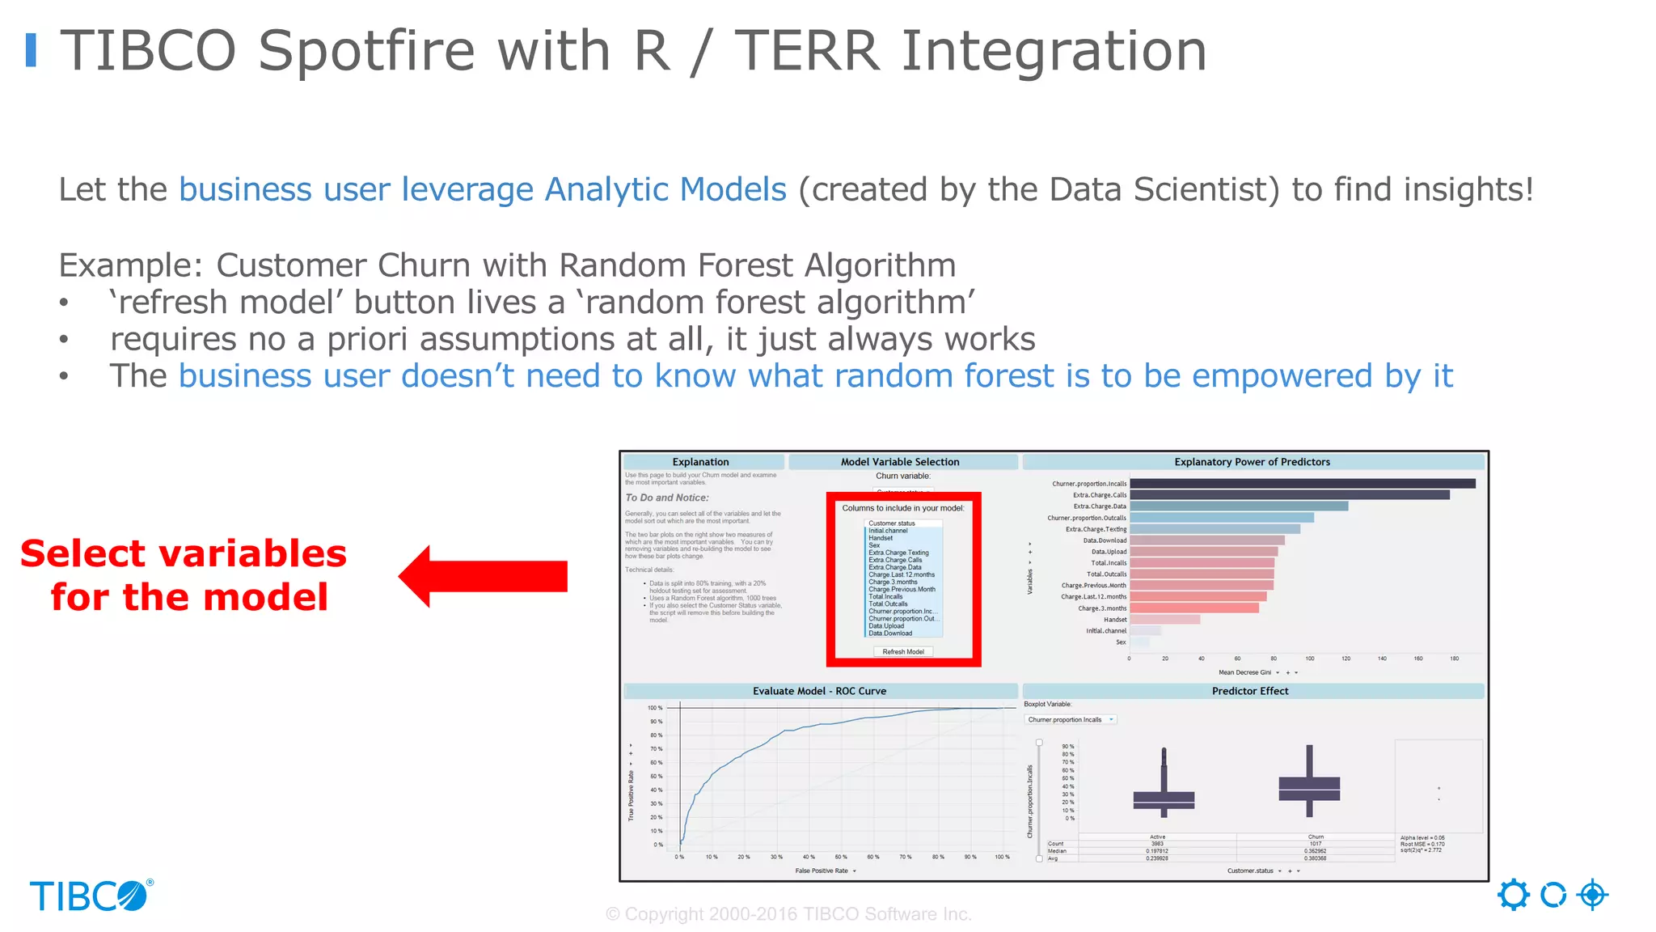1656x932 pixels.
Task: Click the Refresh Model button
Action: pos(902,651)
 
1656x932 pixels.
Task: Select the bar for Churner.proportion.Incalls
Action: pos(1302,484)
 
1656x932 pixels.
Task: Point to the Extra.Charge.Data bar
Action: pos(1238,506)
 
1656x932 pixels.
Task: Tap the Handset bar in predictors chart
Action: pos(1164,620)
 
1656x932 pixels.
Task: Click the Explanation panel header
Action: pos(700,462)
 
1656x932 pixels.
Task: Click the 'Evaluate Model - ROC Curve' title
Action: pos(819,691)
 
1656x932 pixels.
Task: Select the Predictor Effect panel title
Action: pos(1249,691)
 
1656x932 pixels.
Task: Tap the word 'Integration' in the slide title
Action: pos(1053,51)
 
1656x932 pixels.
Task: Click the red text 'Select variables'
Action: pos(184,554)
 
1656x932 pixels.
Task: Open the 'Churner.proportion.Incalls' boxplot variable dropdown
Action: pos(1071,719)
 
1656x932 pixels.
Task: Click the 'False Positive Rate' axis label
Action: pos(822,871)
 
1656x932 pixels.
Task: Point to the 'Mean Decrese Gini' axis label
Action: pos(1244,672)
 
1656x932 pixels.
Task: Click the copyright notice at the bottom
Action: pos(788,914)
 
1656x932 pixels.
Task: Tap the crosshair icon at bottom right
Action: pos(1592,895)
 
